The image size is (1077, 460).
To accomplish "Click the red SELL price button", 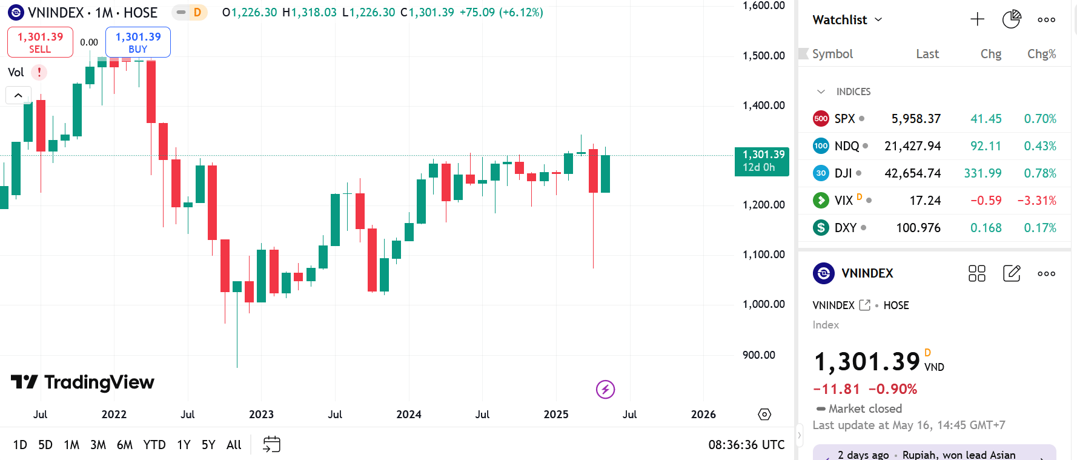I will pyautogui.click(x=40, y=42).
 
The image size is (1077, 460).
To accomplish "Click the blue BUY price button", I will pyautogui.click(x=138, y=42).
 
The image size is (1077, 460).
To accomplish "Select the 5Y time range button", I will pyautogui.click(x=208, y=445).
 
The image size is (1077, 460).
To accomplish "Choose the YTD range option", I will pyautogui.click(x=154, y=445).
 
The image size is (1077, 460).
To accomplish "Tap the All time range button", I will pyautogui.click(x=234, y=445).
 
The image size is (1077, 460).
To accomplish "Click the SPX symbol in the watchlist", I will pyautogui.click(x=844, y=119).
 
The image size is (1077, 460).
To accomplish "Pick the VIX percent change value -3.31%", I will pyautogui.click(x=1036, y=201).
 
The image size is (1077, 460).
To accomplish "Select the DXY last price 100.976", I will pyautogui.click(x=918, y=228).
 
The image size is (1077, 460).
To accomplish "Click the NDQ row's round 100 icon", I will pyautogui.click(x=821, y=146).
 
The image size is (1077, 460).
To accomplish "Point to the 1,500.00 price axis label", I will pyautogui.click(x=763, y=56).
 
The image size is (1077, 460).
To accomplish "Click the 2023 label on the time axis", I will pyautogui.click(x=261, y=415).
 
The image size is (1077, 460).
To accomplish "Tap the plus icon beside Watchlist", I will pyautogui.click(x=977, y=19).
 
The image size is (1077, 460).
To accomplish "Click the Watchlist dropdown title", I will pyautogui.click(x=847, y=20).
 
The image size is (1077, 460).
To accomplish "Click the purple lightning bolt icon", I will pyautogui.click(x=605, y=389).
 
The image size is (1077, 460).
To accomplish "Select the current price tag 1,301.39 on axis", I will pyautogui.click(x=762, y=161).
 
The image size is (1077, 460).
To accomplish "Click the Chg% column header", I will pyautogui.click(x=1041, y=54).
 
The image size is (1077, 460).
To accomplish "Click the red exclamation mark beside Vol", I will pyautogui.click(x=39, y=72).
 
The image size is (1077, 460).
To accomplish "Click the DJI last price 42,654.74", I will pyautogui.click(x=912, y=173).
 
